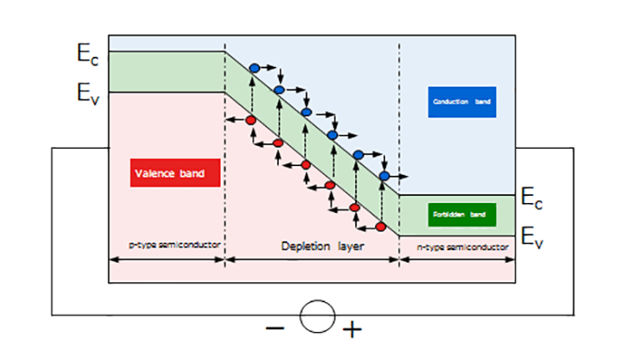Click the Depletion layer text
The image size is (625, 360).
[x=311, y=245]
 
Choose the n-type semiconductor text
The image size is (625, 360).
[x=456, y=245]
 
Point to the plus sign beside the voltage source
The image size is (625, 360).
[x=352, y=329]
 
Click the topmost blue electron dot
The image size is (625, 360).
[x=254, y=68]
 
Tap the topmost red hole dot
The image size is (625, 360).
[x=252, y=119]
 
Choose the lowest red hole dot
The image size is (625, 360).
[x=381, y=226]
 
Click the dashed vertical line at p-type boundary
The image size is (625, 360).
[x=224, y=153]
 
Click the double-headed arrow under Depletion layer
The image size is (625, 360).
[x=311, y=259]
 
